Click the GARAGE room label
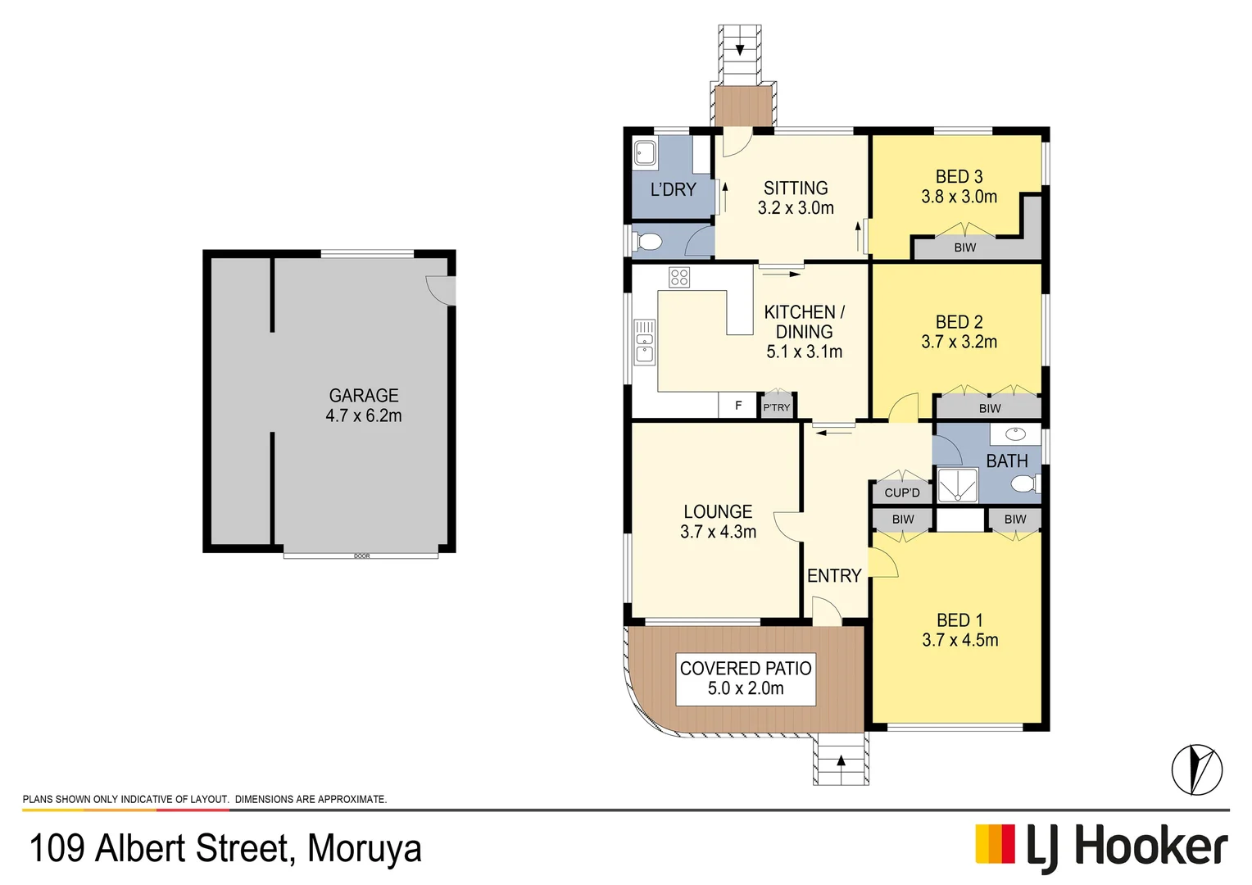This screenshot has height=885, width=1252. point(364,396)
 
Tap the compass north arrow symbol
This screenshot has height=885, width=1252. point(1196,769)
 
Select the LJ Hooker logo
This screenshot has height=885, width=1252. point(1101,846)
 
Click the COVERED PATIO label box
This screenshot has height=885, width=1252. point(746,678)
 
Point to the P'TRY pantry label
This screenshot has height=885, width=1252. point(777,407)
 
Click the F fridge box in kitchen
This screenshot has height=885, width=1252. point(737,406)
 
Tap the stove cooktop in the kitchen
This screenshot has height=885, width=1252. point(679,277)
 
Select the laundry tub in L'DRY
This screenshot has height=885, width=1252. point(646,153)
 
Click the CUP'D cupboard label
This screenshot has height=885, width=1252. point(902,492)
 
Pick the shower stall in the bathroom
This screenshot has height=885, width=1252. point(958,484)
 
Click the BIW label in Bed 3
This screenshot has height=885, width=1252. point(965,247)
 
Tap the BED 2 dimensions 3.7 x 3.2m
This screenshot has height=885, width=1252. point(959,343)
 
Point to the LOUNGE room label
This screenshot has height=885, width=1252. point(718,512)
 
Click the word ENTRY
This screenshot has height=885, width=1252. point(834,576)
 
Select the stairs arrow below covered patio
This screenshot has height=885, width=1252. point(841,760)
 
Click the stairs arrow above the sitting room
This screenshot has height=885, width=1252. point(740,49)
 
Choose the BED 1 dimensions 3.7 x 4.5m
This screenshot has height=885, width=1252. point(959,641)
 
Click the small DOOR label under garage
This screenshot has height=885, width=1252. point(361,556)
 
